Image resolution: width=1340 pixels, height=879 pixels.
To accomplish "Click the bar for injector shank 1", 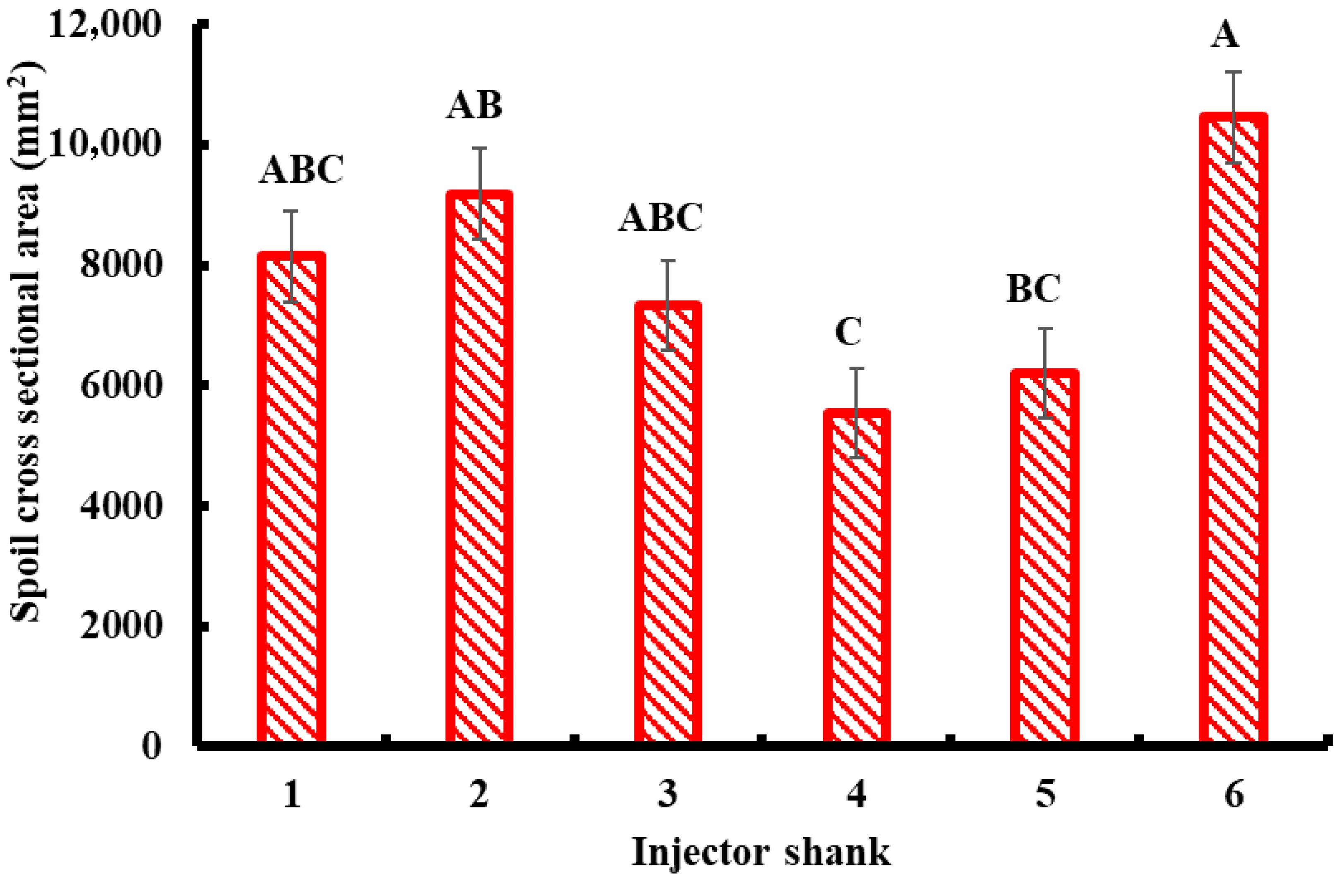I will [291, 501].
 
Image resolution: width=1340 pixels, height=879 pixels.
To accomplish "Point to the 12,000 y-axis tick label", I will [105, 26].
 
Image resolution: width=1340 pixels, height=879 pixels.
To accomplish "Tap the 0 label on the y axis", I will [151, 747].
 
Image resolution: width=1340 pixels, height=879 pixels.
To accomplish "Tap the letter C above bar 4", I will [848, 332].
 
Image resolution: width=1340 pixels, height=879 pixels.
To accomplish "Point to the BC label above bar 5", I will [1033, 289].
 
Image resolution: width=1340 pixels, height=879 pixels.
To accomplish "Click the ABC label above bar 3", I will [660, 217].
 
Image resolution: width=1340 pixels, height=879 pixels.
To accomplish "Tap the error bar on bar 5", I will [1045, 373].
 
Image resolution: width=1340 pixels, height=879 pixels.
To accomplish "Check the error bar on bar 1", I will [291, 256].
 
